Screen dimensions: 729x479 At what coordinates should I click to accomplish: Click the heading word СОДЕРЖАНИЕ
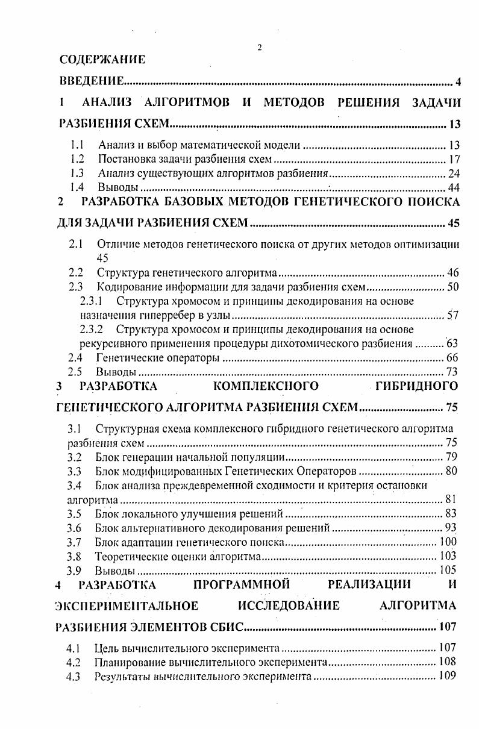pos(102,59)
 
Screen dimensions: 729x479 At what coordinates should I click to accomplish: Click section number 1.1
pos(77,145)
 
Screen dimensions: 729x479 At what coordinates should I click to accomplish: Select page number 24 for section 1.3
pos(453,174)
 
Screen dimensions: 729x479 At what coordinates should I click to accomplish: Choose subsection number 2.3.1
pos(91,301)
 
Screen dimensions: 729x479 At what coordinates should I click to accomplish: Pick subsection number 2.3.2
pos(91,330)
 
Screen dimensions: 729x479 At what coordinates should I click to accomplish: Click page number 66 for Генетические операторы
pos(452,358)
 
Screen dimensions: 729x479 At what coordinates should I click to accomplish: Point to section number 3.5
pos(74,514)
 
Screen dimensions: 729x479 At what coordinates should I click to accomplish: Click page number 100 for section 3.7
pos(447,542)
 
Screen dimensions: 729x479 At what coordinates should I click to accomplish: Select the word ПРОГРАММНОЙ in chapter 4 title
pos(242,584)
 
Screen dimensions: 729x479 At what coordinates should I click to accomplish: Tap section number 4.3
pos(74,676)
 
